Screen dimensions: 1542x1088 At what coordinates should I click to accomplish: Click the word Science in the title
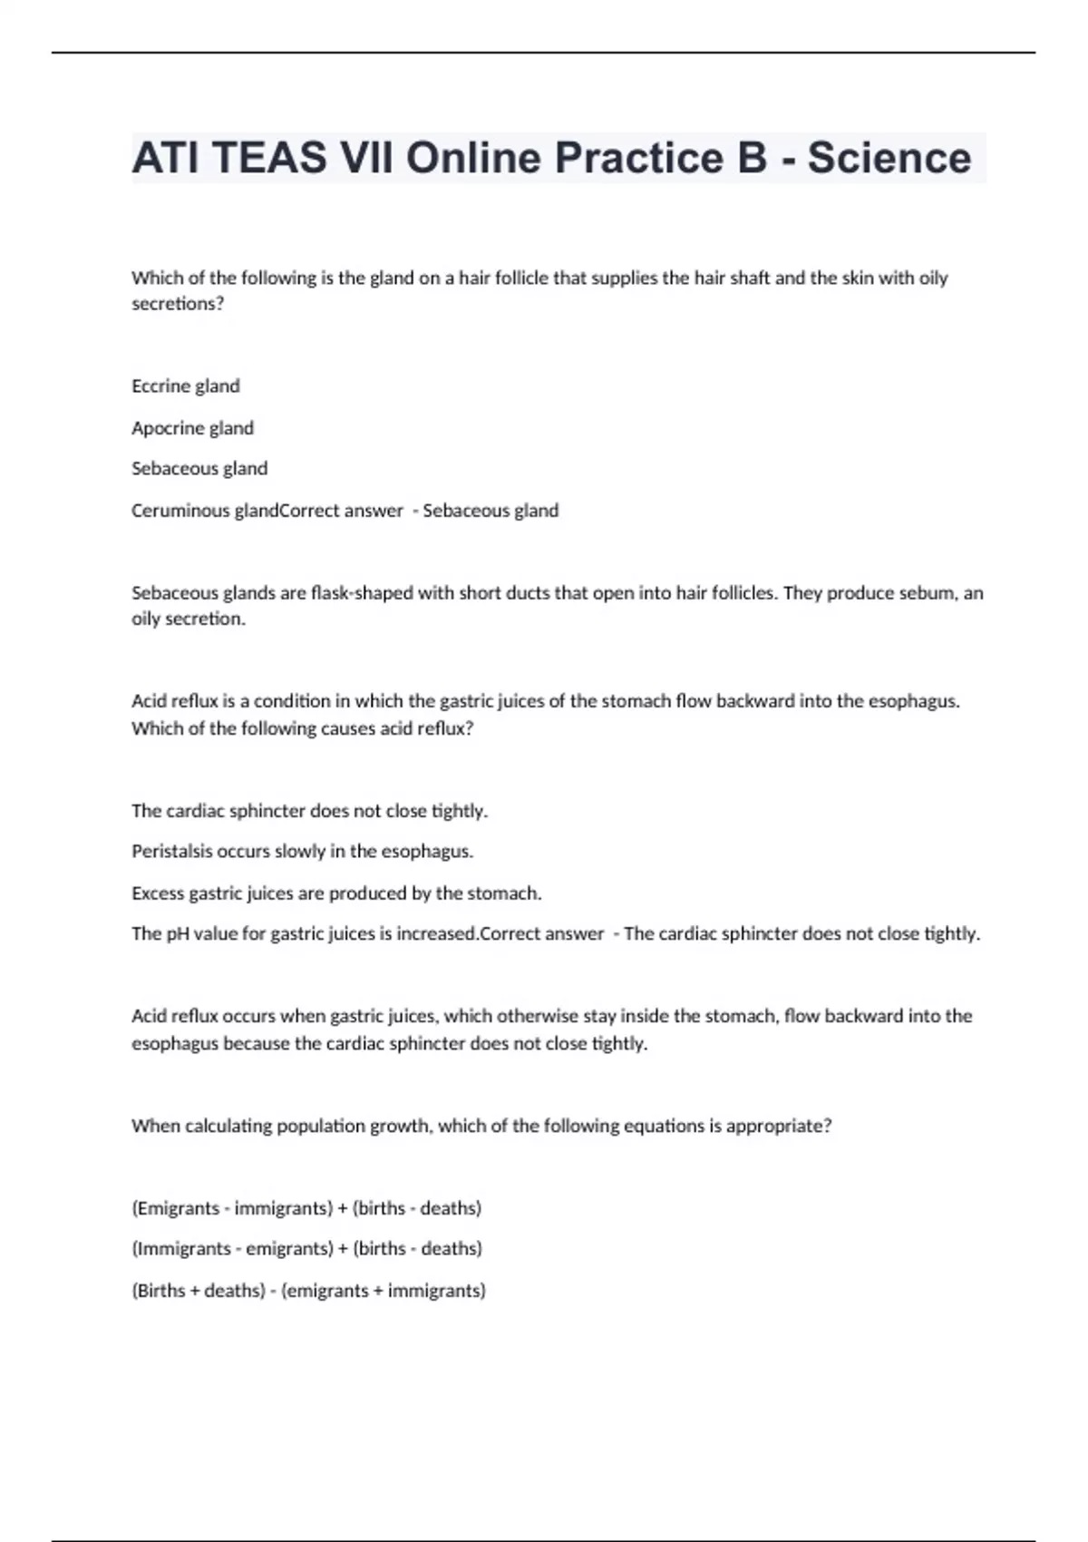pyautogui.click(x=889, y=158)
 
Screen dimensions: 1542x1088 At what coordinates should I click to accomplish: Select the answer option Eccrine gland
pyautogui.click(x=186, y=386)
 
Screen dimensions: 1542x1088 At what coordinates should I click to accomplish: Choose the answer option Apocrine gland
pyautogui.click(x=192, y=428)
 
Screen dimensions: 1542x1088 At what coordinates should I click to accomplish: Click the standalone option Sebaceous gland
pyautogui.click(x=199, y=469)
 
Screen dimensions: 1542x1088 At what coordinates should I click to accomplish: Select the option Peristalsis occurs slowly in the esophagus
pyautogui.click(x=303, y=852)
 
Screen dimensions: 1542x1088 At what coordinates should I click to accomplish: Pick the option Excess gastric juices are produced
pyautogui.click(x=336, y=893)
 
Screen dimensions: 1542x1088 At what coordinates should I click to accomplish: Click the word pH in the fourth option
pyautogui.click(x=177, y=934)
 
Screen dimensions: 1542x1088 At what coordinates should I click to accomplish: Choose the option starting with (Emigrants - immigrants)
pyautogui.click(x=306, y=1208)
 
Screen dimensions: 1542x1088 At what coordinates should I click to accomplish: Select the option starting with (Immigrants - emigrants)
pyautogui.click(x=306, y=1249)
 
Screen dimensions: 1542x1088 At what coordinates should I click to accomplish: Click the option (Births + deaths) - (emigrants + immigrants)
pyautogui.click(x=308, y=1291)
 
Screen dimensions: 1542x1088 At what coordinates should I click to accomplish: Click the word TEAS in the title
pyautogui.click(x=269, y=158)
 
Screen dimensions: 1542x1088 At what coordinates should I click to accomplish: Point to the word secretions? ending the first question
pyautogui.click(x=178, y=304)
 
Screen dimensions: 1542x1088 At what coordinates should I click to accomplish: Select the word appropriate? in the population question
pyautogui.click(x=779, y=1127)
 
